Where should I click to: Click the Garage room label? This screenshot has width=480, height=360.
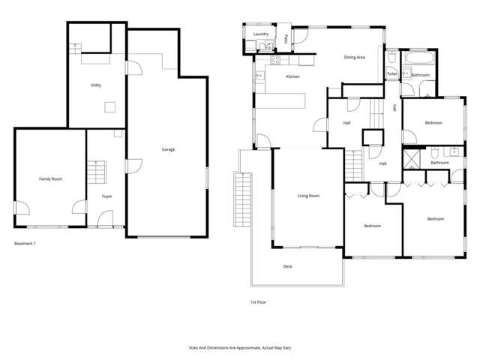click(168, 149)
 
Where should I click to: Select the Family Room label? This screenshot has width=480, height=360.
click(50, 179)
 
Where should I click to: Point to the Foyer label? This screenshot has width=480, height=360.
click(107, 196)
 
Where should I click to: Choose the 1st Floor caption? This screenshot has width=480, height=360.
click(258, 301)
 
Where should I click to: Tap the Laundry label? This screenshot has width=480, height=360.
click(261, 34)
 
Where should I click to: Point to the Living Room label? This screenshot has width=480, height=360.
click(308, 196)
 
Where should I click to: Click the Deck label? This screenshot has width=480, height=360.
click(287, 266)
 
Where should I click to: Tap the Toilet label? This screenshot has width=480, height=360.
click(391, 73)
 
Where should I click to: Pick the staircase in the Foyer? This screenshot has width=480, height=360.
click(97, 173)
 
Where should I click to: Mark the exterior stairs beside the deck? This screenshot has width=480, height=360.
click(241, 194)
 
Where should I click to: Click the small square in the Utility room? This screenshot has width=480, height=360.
click(110, 107)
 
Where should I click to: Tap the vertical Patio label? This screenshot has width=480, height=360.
click(288, 37)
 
